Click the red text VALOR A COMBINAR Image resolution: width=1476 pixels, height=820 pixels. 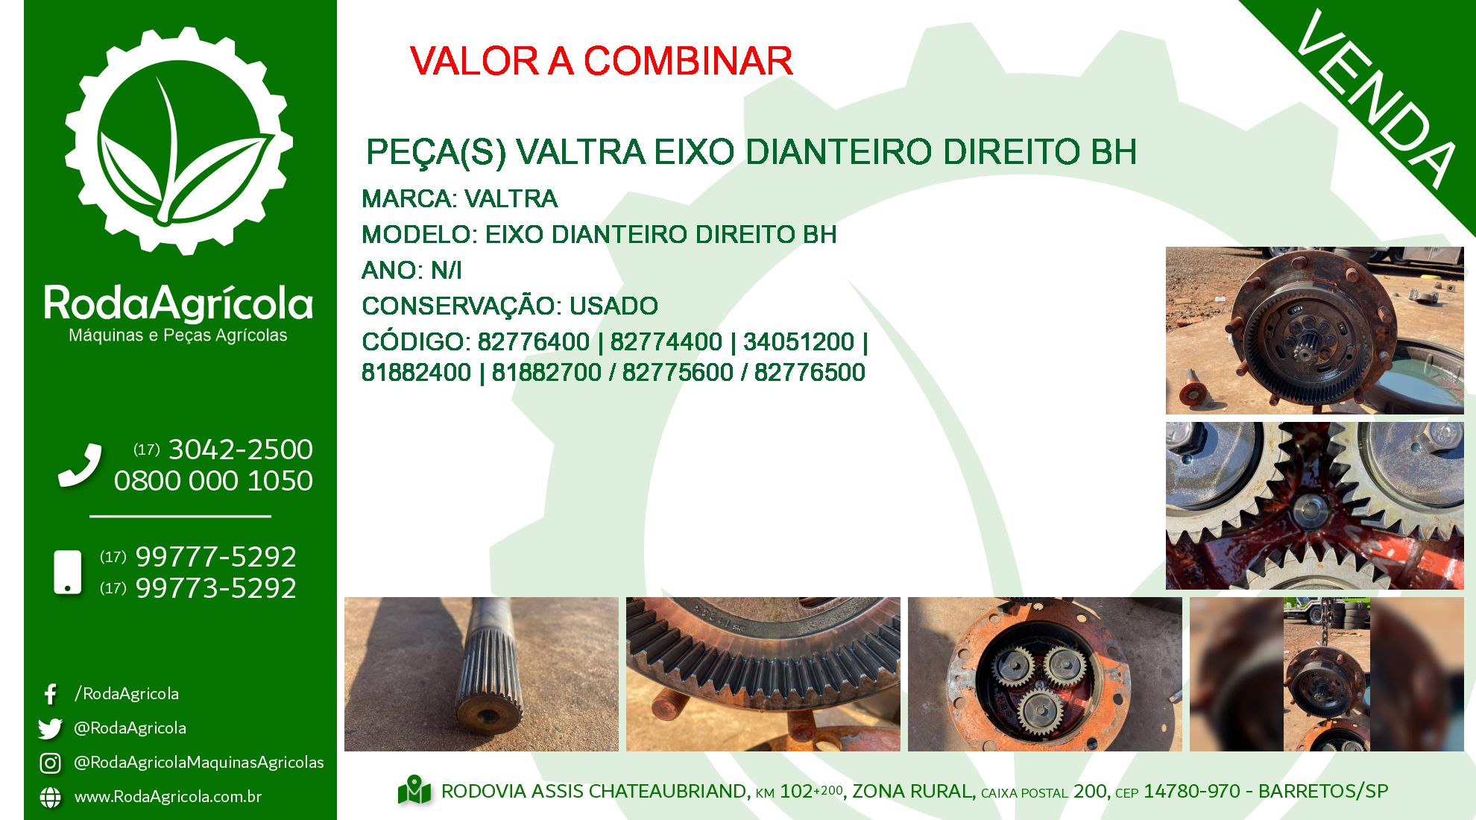point(601,61)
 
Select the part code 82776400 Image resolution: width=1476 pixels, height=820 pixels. point(533,341)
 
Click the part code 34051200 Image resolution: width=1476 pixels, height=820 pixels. point(798,341)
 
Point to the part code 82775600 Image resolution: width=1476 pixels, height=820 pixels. point(678,372)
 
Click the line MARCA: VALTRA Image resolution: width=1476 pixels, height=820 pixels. point(459,199)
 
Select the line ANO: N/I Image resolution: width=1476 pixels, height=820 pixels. point(411,270)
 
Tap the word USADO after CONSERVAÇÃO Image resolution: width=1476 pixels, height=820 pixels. point(614,306)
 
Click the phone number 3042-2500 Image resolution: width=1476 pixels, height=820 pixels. point(241,450)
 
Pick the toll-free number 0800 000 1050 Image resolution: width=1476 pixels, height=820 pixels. point(213,481)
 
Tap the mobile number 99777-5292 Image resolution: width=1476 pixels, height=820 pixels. point(215,557)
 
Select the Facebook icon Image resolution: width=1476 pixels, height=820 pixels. point(50,694)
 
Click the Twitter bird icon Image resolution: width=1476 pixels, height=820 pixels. point(50,728)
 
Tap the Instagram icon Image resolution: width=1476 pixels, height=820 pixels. point(50,763)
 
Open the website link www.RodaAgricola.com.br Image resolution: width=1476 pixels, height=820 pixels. point(168,797)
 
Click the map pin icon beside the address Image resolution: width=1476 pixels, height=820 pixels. point(414,791)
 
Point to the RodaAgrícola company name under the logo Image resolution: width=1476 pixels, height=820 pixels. point(178,303)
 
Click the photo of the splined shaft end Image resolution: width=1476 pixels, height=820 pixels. point(482,674)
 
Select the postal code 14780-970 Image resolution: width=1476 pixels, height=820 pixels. point(1192,791)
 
